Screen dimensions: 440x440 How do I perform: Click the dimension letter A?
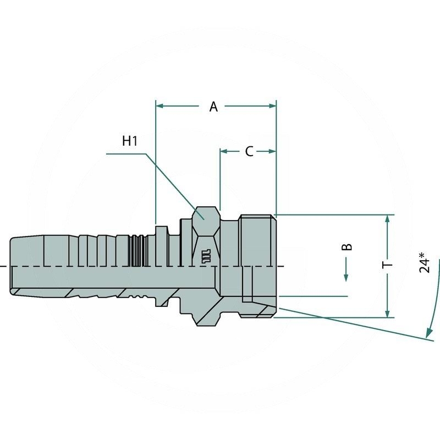coord(214,107)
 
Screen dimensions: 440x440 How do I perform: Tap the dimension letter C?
coord(249,151)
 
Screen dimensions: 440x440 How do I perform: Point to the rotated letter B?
coord(346,246)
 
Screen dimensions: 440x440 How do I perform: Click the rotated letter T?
coord(388,265)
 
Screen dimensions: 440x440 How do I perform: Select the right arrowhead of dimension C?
coord(272,151)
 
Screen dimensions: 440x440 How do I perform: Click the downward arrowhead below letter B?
coord(346,277)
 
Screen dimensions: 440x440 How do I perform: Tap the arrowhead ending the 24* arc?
coord(427,333)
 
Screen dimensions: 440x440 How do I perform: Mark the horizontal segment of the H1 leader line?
coord(125,154)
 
